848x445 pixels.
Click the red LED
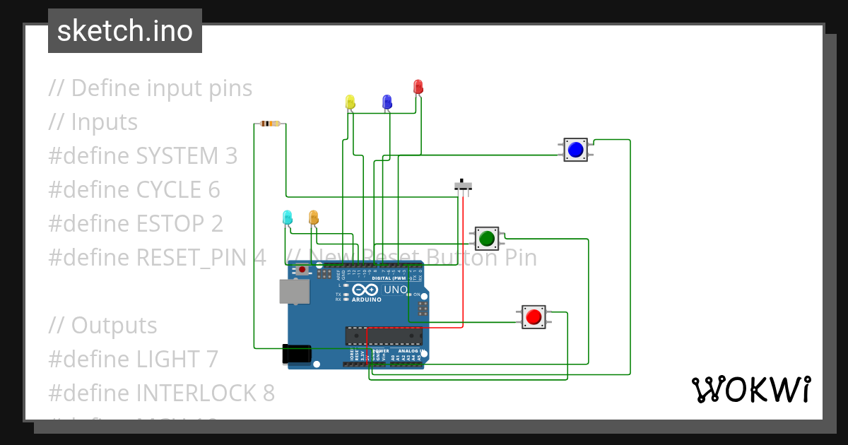418,87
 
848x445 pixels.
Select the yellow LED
350,102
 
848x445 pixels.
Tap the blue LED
387,102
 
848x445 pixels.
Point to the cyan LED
287,217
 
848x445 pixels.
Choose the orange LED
313,217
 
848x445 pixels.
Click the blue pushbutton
575,150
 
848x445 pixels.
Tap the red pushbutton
533,317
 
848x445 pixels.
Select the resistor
270,124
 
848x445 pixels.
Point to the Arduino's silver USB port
294,291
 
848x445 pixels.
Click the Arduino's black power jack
297,353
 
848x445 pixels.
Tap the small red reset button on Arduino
302,269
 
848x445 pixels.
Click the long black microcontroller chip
383,336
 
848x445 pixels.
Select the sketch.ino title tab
125,31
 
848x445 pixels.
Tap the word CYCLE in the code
168,189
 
